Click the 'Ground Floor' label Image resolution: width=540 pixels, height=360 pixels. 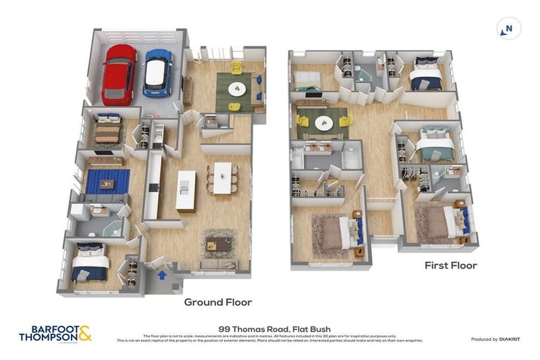point(218,302)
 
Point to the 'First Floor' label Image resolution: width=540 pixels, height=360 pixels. point(451,265)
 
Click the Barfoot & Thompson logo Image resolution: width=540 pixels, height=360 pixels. point(55,333)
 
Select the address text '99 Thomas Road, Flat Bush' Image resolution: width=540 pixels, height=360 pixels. point(269,328)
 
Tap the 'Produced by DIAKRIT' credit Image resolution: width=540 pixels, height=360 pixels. point(495,339)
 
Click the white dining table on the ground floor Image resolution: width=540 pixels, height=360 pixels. point(222,178)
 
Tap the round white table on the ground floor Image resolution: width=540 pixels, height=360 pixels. point(236,89)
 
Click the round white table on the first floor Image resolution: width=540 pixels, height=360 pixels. point(323,122)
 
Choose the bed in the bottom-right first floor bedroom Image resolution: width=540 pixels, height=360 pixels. point(440,223)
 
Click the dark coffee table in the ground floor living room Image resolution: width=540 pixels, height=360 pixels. point(219,243)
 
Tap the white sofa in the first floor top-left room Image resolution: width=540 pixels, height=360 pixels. point(307,79)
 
